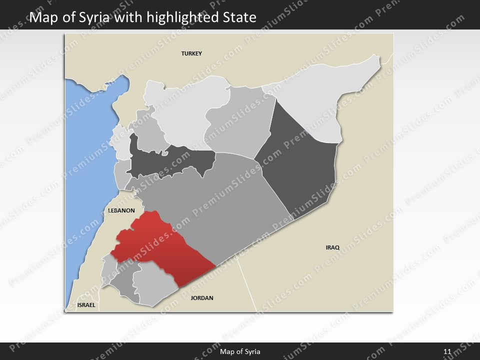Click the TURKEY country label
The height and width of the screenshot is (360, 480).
pos(191,53)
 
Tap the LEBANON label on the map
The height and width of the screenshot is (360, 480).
pos(121,211)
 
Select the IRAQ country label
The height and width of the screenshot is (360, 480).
pos(332,247)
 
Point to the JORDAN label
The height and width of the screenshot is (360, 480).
pos(202,298)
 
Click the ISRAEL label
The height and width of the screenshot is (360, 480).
pos(86,304)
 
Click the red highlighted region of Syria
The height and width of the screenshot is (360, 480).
pos(160,245)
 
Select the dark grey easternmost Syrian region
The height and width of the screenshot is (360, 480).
pos(300,160)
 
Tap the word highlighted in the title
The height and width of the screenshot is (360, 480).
pos(175,18)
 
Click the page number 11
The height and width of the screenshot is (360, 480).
pos(447,351)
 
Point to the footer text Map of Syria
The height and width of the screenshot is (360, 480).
pos(240,351)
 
